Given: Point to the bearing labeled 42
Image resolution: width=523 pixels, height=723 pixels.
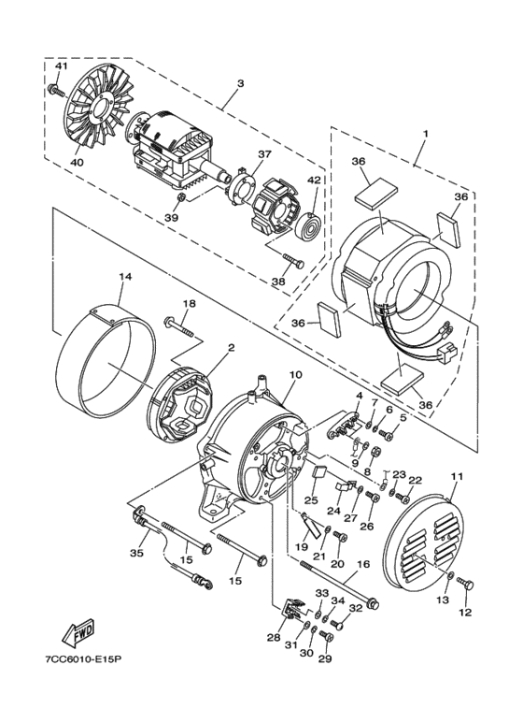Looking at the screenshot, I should (309, 224).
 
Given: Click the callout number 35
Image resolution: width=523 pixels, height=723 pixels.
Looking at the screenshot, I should (136, 554).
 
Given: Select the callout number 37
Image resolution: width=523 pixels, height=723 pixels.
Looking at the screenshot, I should (265, 155).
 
